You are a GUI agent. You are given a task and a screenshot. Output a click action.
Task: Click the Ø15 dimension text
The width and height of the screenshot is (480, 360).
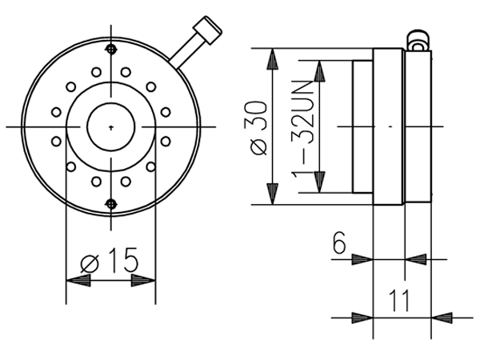click(110, 261)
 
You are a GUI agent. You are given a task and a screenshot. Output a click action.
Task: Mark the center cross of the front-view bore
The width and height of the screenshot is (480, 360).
click(110, 126)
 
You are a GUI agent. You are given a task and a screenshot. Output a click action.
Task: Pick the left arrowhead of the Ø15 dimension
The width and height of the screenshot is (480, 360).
click(77, 281)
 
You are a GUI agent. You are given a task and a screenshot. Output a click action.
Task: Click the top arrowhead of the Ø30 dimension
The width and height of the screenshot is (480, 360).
click(273, 61)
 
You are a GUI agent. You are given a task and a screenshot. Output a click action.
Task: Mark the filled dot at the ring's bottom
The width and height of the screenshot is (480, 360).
click(110, 203)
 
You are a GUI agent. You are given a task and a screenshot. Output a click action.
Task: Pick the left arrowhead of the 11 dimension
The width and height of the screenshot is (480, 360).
click(361, 317)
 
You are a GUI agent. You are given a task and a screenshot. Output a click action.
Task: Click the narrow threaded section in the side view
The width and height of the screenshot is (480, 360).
click(362, 126)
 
